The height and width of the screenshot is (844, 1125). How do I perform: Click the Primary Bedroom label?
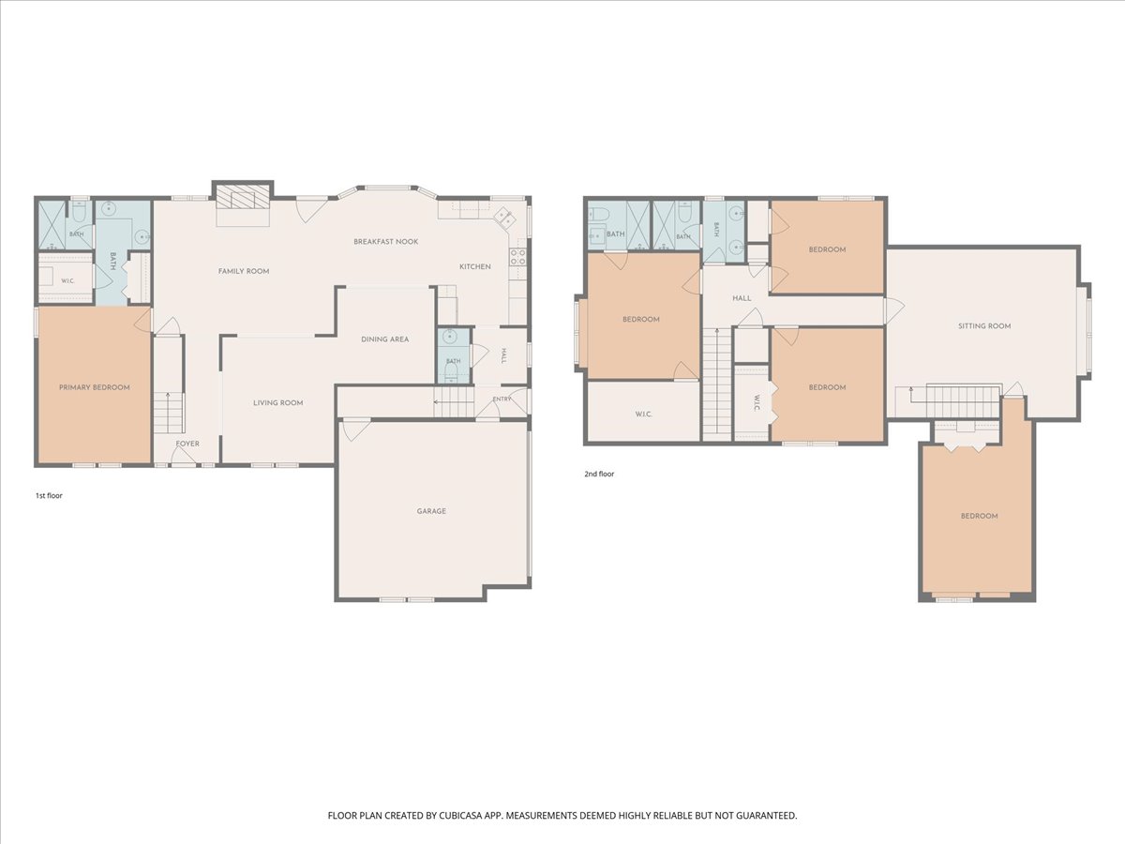pyautogui.click(x=95, y=387)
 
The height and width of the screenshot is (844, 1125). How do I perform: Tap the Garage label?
pyautogui.click(x=431, y=511)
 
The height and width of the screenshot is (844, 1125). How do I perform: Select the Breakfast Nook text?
pyautogui.click(x=386, y=241)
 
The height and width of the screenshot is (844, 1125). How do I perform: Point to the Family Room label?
pyautogui.click(x=244, y=271)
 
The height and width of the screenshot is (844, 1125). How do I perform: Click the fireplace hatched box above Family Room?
pyautogui.click(x=243, y=197)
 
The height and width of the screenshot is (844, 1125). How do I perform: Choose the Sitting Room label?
pyautogui.click(x=984, y=326)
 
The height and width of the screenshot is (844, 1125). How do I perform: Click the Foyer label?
pyautogui.click(x=187, y=444)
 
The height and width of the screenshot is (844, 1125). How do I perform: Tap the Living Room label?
pyautogui.click(x=277, y=403)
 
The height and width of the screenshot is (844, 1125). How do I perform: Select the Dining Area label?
pyautogui.click(x=385, y=339)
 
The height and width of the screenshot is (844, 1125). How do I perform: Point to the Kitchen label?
pyautogui.click(x=475, y=266)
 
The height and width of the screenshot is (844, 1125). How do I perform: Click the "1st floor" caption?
pyautogui.click(x=49, y=495)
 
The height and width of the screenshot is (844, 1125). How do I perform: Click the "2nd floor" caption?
pyautogui.click(x=599, y=474)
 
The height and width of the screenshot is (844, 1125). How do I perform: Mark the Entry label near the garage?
pyautogui.click(x=502, y=399)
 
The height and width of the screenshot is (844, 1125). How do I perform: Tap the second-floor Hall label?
pyautogui.click(x=742, y=297)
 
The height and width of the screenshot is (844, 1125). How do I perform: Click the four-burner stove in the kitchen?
pyautogui.click(x=517, y=257)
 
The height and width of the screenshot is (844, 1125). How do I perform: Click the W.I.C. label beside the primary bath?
pyautogui.click(x=67, y=280)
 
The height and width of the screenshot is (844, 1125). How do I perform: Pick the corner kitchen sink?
pyautogui.click(x=503, y=218)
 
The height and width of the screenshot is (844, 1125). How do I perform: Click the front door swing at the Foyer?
pyautogui.click(x=184, y=456)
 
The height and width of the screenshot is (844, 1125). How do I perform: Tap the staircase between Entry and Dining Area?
pyautogui.click(x=454, y=401)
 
